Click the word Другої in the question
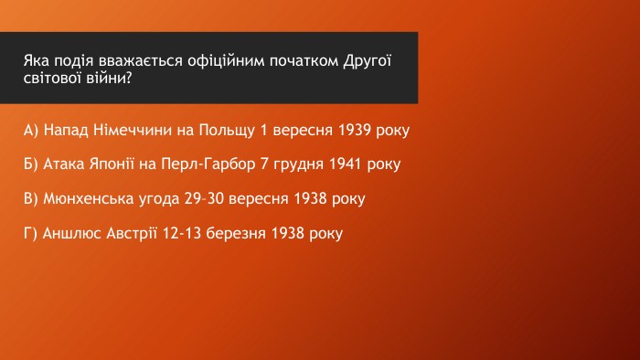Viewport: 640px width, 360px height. (367, 61)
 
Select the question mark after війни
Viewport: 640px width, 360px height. (129, 78)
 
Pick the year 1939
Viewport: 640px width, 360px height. (355, 130)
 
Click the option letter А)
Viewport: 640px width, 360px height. (31, 131)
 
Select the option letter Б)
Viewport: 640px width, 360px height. (31, 164)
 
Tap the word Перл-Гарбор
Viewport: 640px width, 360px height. (208, 164)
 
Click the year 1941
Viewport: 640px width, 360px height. (346, 164)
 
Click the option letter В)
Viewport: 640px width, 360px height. (31, 199)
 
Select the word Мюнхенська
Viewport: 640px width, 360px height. (89, 199)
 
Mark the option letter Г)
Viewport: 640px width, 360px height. (30, 234)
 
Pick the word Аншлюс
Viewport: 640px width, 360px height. (72, 234)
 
